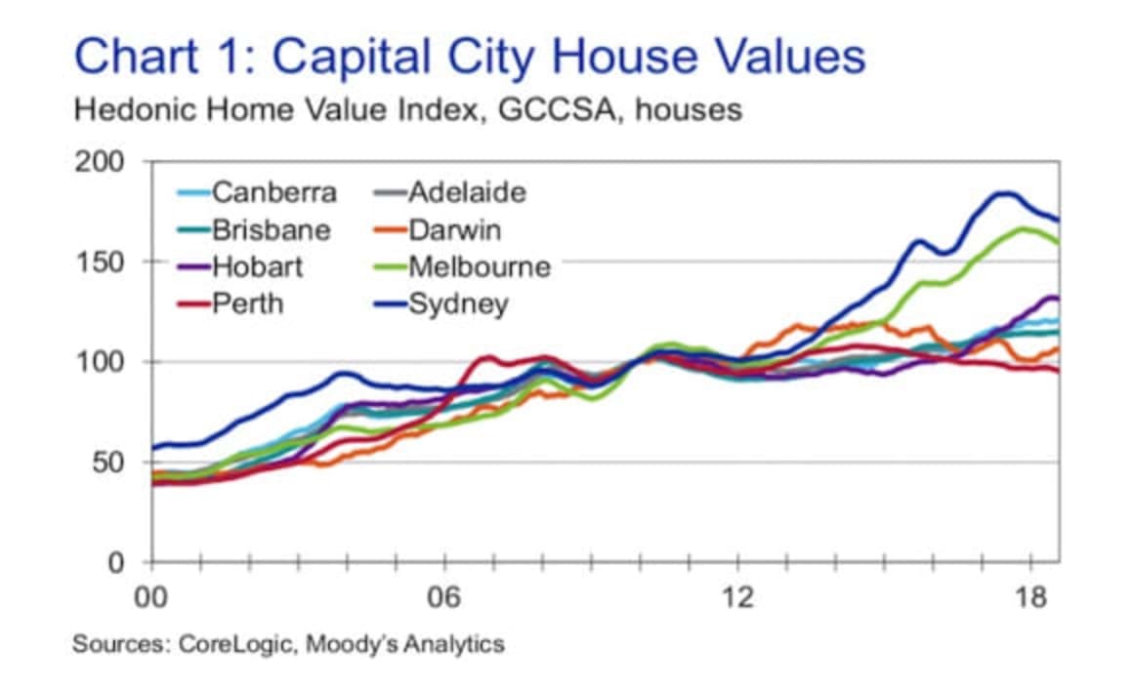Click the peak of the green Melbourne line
click(1024, 228)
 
